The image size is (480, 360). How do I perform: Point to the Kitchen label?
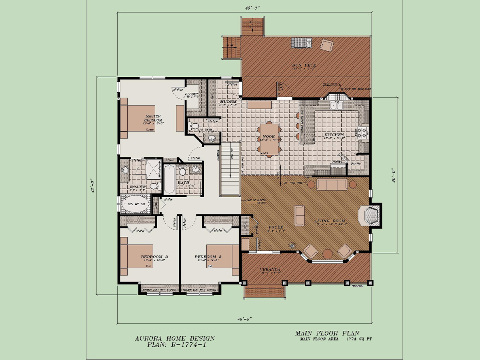(x=334, y=135)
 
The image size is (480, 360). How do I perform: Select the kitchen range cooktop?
(x=364, y=132)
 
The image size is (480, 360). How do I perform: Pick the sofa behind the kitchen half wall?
(x=332, y=184)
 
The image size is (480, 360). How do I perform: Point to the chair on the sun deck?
(x=326, y=46)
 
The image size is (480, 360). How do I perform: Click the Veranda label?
(x=269, y=269)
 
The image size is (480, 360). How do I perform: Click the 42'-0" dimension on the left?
(x=93, y=185)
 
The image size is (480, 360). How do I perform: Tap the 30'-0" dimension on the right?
(x=394, y=175)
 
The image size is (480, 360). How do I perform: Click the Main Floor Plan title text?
(x=327, y=333)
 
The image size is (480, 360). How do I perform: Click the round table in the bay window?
(x=328, y=253)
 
